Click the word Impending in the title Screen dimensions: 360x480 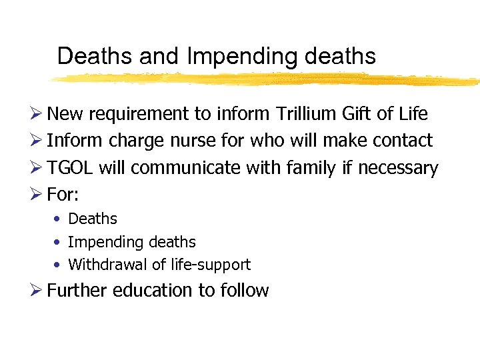point(243,57)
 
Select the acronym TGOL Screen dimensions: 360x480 point(71,169)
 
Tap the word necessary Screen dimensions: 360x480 point(398,169)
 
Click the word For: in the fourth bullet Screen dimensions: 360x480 point(63,195)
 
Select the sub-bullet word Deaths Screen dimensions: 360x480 point(93,219)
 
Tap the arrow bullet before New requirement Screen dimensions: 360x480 point(39,114)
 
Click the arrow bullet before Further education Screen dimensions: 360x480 point(39,291)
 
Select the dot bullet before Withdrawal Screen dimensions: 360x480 point(58,265)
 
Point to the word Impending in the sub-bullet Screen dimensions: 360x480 point(99,242)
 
